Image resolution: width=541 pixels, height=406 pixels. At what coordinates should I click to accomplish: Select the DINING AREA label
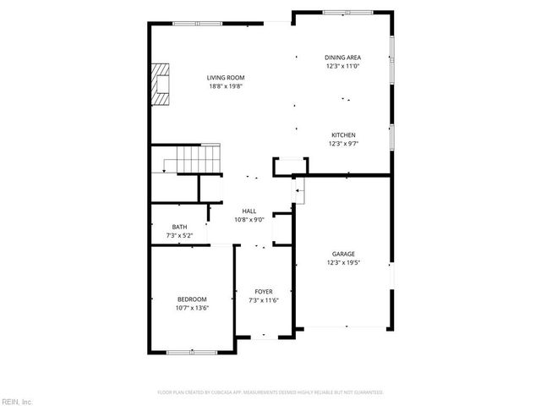coord(343,58)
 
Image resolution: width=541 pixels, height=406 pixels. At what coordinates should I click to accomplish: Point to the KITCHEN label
coord(343,135)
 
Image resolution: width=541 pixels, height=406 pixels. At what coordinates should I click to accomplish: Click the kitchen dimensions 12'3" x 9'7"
coord(343,144)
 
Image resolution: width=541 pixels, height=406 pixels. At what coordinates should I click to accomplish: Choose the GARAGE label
coord(342,254)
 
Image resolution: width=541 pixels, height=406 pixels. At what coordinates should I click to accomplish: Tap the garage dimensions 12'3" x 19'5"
coord(342,262)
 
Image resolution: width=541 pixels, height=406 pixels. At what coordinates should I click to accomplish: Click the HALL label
coord(249,211)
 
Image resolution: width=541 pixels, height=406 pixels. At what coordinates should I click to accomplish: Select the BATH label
coord(179,227)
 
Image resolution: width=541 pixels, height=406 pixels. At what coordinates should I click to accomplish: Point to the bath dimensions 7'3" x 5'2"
coord(179,235)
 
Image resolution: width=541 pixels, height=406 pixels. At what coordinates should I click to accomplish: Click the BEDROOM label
coord(192,299)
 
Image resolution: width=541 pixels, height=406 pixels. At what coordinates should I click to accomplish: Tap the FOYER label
coord(264,291)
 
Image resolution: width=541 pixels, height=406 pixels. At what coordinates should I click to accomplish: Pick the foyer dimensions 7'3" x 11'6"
coord(264,299)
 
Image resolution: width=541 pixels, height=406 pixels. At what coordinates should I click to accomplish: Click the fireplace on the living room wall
coord(160,84)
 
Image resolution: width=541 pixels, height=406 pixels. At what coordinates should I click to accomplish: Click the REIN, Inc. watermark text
coord(17,401)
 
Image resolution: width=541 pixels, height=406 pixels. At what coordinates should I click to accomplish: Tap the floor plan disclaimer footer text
coord(270,392)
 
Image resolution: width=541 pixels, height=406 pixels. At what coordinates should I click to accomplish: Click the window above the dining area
coord(348,13)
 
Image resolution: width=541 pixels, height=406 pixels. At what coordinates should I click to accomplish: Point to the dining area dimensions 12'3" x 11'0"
coord(343,66)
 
